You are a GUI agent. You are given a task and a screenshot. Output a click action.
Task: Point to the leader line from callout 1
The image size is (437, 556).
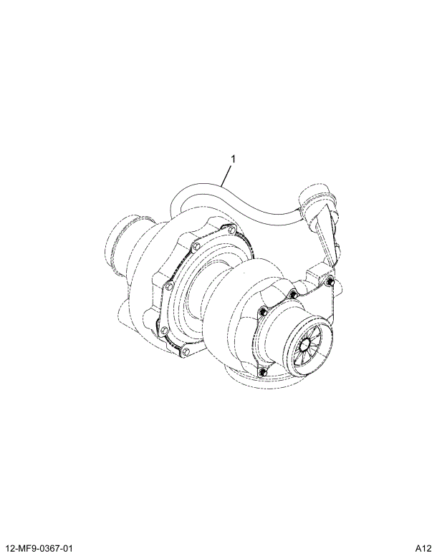(227, 175)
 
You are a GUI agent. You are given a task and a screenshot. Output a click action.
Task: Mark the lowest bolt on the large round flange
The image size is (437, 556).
(184, 351)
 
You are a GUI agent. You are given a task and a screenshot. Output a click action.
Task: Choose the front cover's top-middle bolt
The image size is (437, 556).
(292, 293)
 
